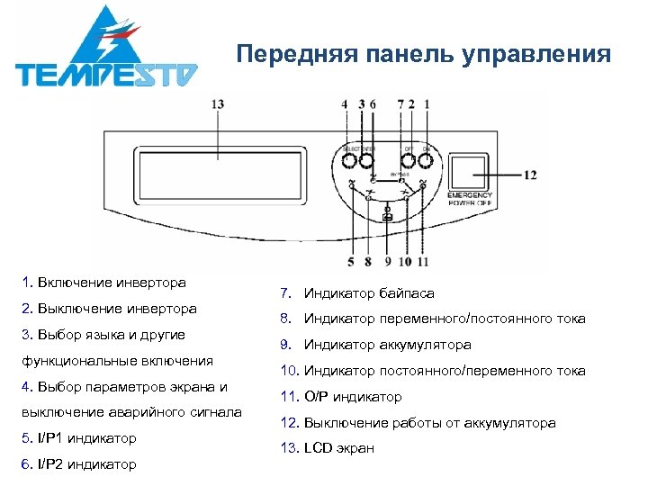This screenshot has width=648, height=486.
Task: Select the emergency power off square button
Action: (x=469, y=171)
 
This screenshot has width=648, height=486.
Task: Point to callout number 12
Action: (x=531, y=174)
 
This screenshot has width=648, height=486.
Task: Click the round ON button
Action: (x=426, y=162)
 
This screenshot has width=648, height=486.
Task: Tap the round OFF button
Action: (x=408, y=162)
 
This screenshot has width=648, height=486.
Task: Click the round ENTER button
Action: (x=366, y=162)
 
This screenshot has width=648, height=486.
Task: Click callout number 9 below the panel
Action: (x=388, y=263)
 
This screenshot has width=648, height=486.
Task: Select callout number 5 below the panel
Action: (x=352, y=263)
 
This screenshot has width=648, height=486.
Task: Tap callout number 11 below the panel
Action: (x=422, y=263)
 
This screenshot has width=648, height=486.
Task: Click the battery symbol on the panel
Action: (x=388, y=218)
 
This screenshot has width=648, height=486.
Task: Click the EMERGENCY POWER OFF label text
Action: (x=470, y=199)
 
